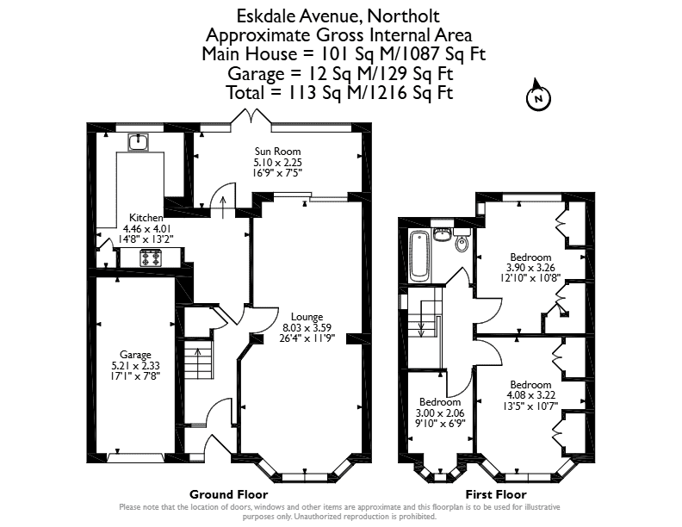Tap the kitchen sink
tap(139, 142)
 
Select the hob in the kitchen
tap(151, 257)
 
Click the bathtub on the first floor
tap(420, 255)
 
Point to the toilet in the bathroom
tap(462, 240)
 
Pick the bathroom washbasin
tap(443, 234)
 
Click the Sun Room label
tap(277, 152)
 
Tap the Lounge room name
tap(307, 317)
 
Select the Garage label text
tap(135, 355)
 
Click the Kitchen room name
tap(146, 218)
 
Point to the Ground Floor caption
tap(229, 494)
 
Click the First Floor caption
tap(496, 494)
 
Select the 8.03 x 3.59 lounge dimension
tap(307, 327)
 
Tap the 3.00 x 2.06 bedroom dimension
tap(440, 412)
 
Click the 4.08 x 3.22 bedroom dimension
tap(530, 395)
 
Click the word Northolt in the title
tap(403, 16)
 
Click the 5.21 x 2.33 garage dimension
tap(135, 366)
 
